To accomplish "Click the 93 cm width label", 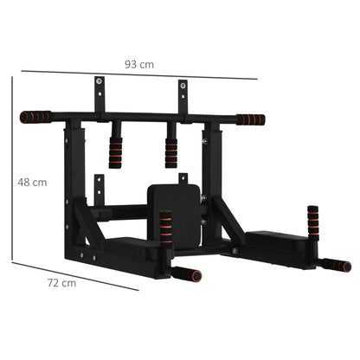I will [138, 64].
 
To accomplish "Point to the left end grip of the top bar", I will [35, 114].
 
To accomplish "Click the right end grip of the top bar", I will [250, 119].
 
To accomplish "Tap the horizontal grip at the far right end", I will [334, 265].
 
